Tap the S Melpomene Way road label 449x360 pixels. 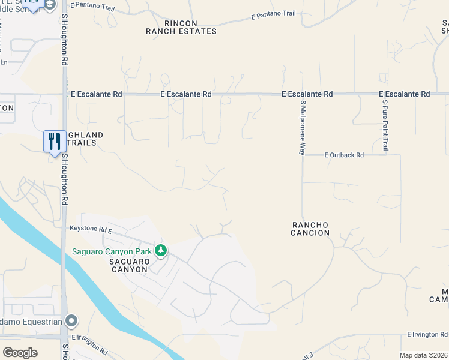[x=303, y=128]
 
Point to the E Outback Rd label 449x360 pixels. [x=344, y=155]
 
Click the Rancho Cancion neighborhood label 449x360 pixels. [x=310, y=229]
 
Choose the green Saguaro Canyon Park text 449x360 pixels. [x=112, y=251]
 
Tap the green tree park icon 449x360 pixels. [x=160, y=250]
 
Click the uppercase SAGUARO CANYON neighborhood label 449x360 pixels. [x=128, y=265]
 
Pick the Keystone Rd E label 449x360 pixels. [x=91, y=229]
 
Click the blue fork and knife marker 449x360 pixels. [x=55, y=142]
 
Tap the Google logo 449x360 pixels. [x=20, y=353]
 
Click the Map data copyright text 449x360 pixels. [x=424, y=355]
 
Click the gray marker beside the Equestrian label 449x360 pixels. [x=71, y=321]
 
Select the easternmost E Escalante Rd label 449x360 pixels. [x=404, y=94]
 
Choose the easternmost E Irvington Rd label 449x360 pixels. [x=427, y=334]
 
